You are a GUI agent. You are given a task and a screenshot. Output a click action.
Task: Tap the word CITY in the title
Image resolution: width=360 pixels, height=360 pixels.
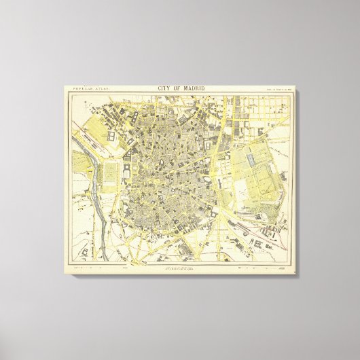click(x=165, y=88)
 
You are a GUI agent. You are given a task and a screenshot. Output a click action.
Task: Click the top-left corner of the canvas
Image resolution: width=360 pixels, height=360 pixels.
click(x=65, y=85)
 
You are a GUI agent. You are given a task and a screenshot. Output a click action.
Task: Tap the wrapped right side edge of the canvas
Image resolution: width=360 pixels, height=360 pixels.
click(x=296, y=180)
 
